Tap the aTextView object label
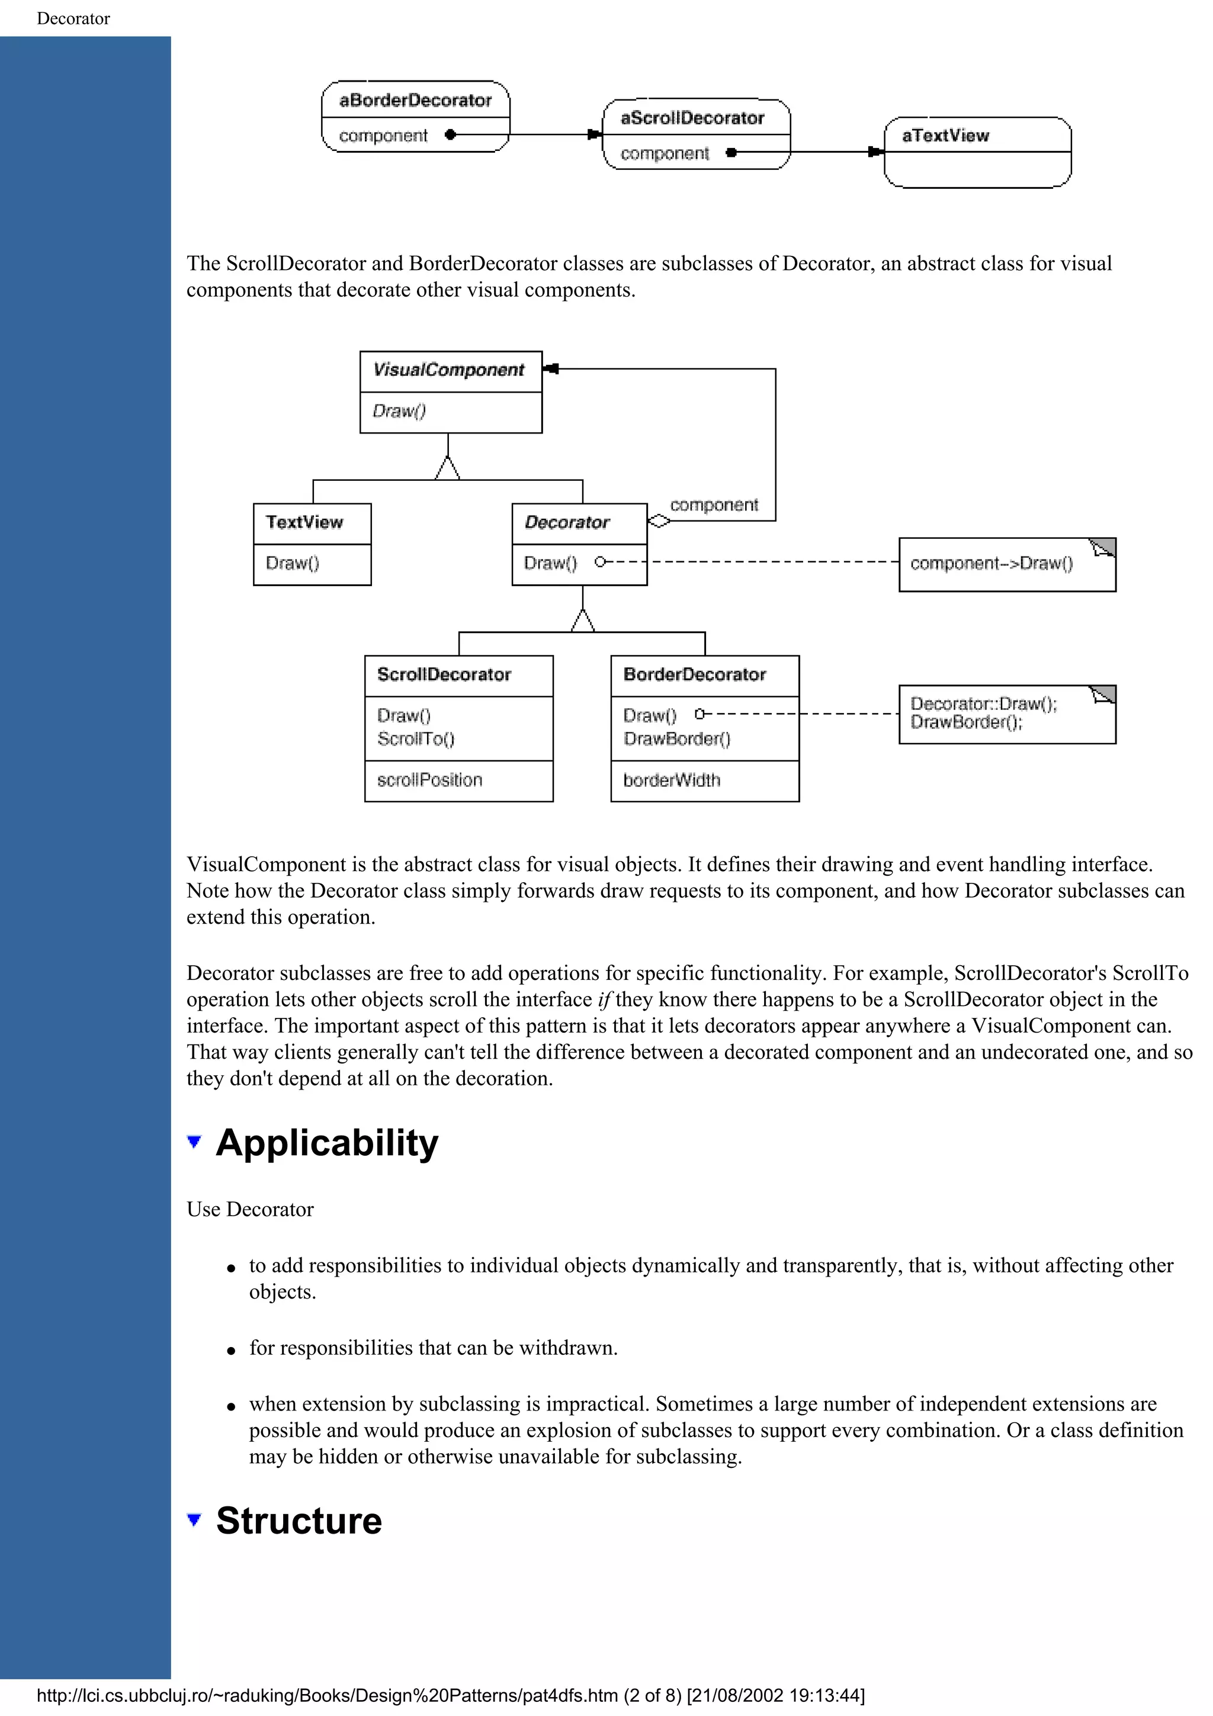pyautogui.click(x=945, y=135)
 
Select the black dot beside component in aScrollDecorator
pyautogui.click(x=731, y=152)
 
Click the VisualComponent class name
pyautogui.click(x=448, y=370)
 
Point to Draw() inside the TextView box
pyautogui.click(x=292, y=563)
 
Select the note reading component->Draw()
pyautogui.click(x=991, y=564)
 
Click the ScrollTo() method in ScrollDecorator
pyautogui.click(x=416, y=739)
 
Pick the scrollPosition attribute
pyautogui.click(x=430, y=780)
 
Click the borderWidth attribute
pyautogui.click(x=671, y=780)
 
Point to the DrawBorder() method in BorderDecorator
pyautogui.click(x=676, y=739)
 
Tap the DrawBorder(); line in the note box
pyautogui.click(x=965, y=722)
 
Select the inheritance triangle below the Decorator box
pyautogui.click(x=582, y=621)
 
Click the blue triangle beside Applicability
pyautogui.click(x=194, y=1141)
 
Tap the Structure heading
pyautogui.click(x=299, y=1521)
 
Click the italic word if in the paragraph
pyautogui.click(x=604, y=1000)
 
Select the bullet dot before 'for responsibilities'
pyautogui.click(x=232, y=1351)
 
